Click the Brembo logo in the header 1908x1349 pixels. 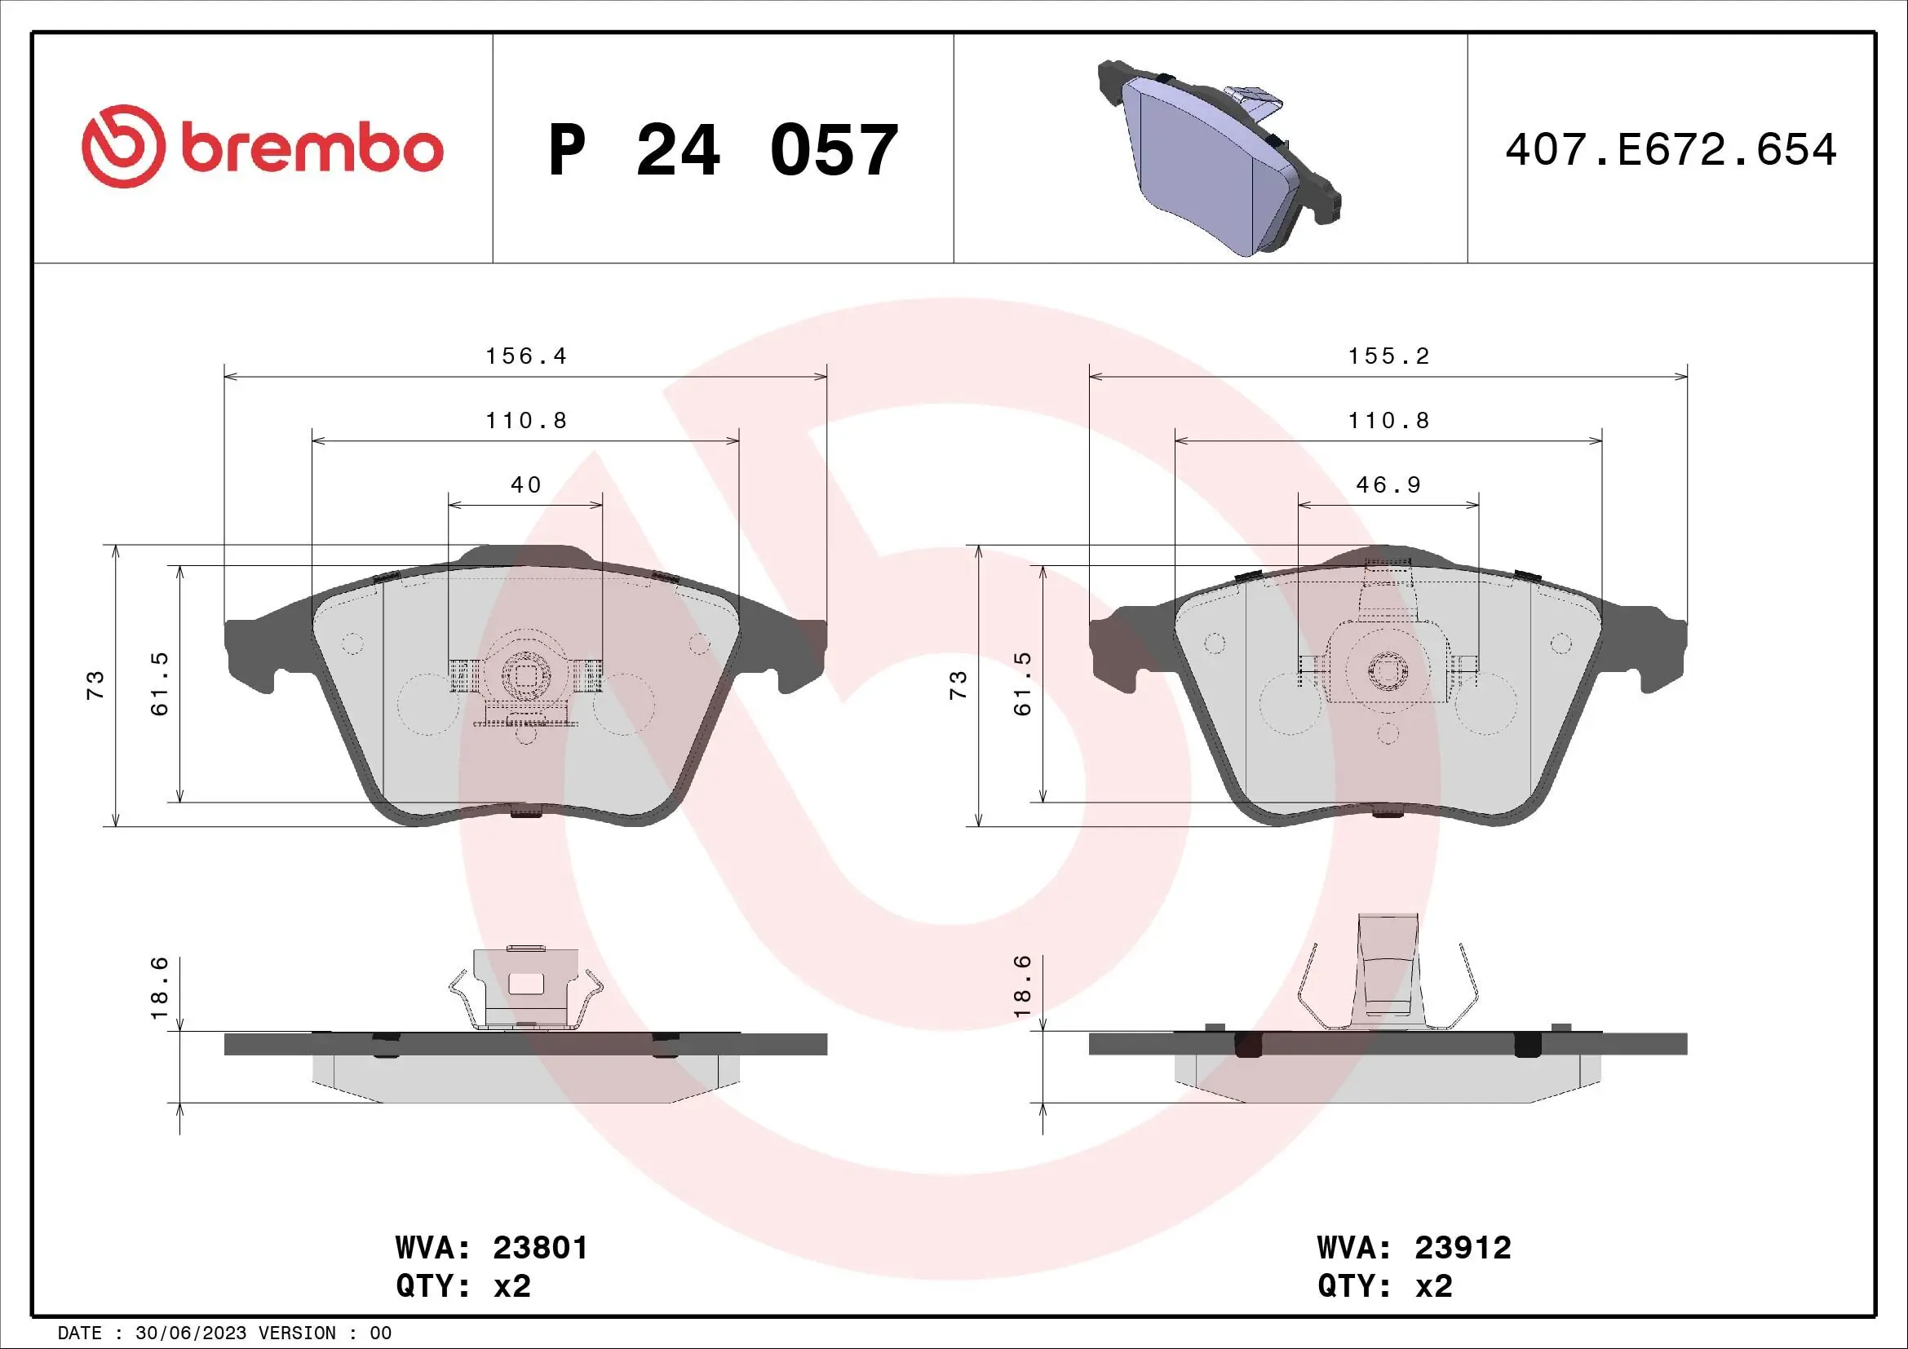pyautogui.click(x=263, y=147)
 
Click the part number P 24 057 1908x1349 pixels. pyautogui.click(x=723, y=150)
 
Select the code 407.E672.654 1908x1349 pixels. pyautogui.click(x=1671, y=150)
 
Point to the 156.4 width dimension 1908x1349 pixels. pyautogui.click(x=525, y=356)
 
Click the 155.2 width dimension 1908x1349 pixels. pyautogui.click(x=1388, y=356)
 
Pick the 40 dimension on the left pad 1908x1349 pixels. pyautogui.click(x=525, y=485)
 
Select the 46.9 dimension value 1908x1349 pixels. pyautogui.click(x=1388, y=485)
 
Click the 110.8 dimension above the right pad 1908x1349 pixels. pyautogui.click(x=1388, y=421)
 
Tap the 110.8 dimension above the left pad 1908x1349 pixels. pyautogui.click(x=525, y=421)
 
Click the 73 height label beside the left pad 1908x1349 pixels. pyautogui.click(x=95, y=684)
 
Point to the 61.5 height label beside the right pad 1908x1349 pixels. pyautogui.click(x=1022, y=684)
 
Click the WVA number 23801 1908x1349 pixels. pyautogui.click(x=540, y=1248)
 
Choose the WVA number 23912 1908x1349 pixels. pyautogui.click(x=1463, y=1248)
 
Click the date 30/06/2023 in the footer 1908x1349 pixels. pyautogui.click(x=190, y=1334)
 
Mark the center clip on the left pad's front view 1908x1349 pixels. pyautogui.click(x=525, y=677)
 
